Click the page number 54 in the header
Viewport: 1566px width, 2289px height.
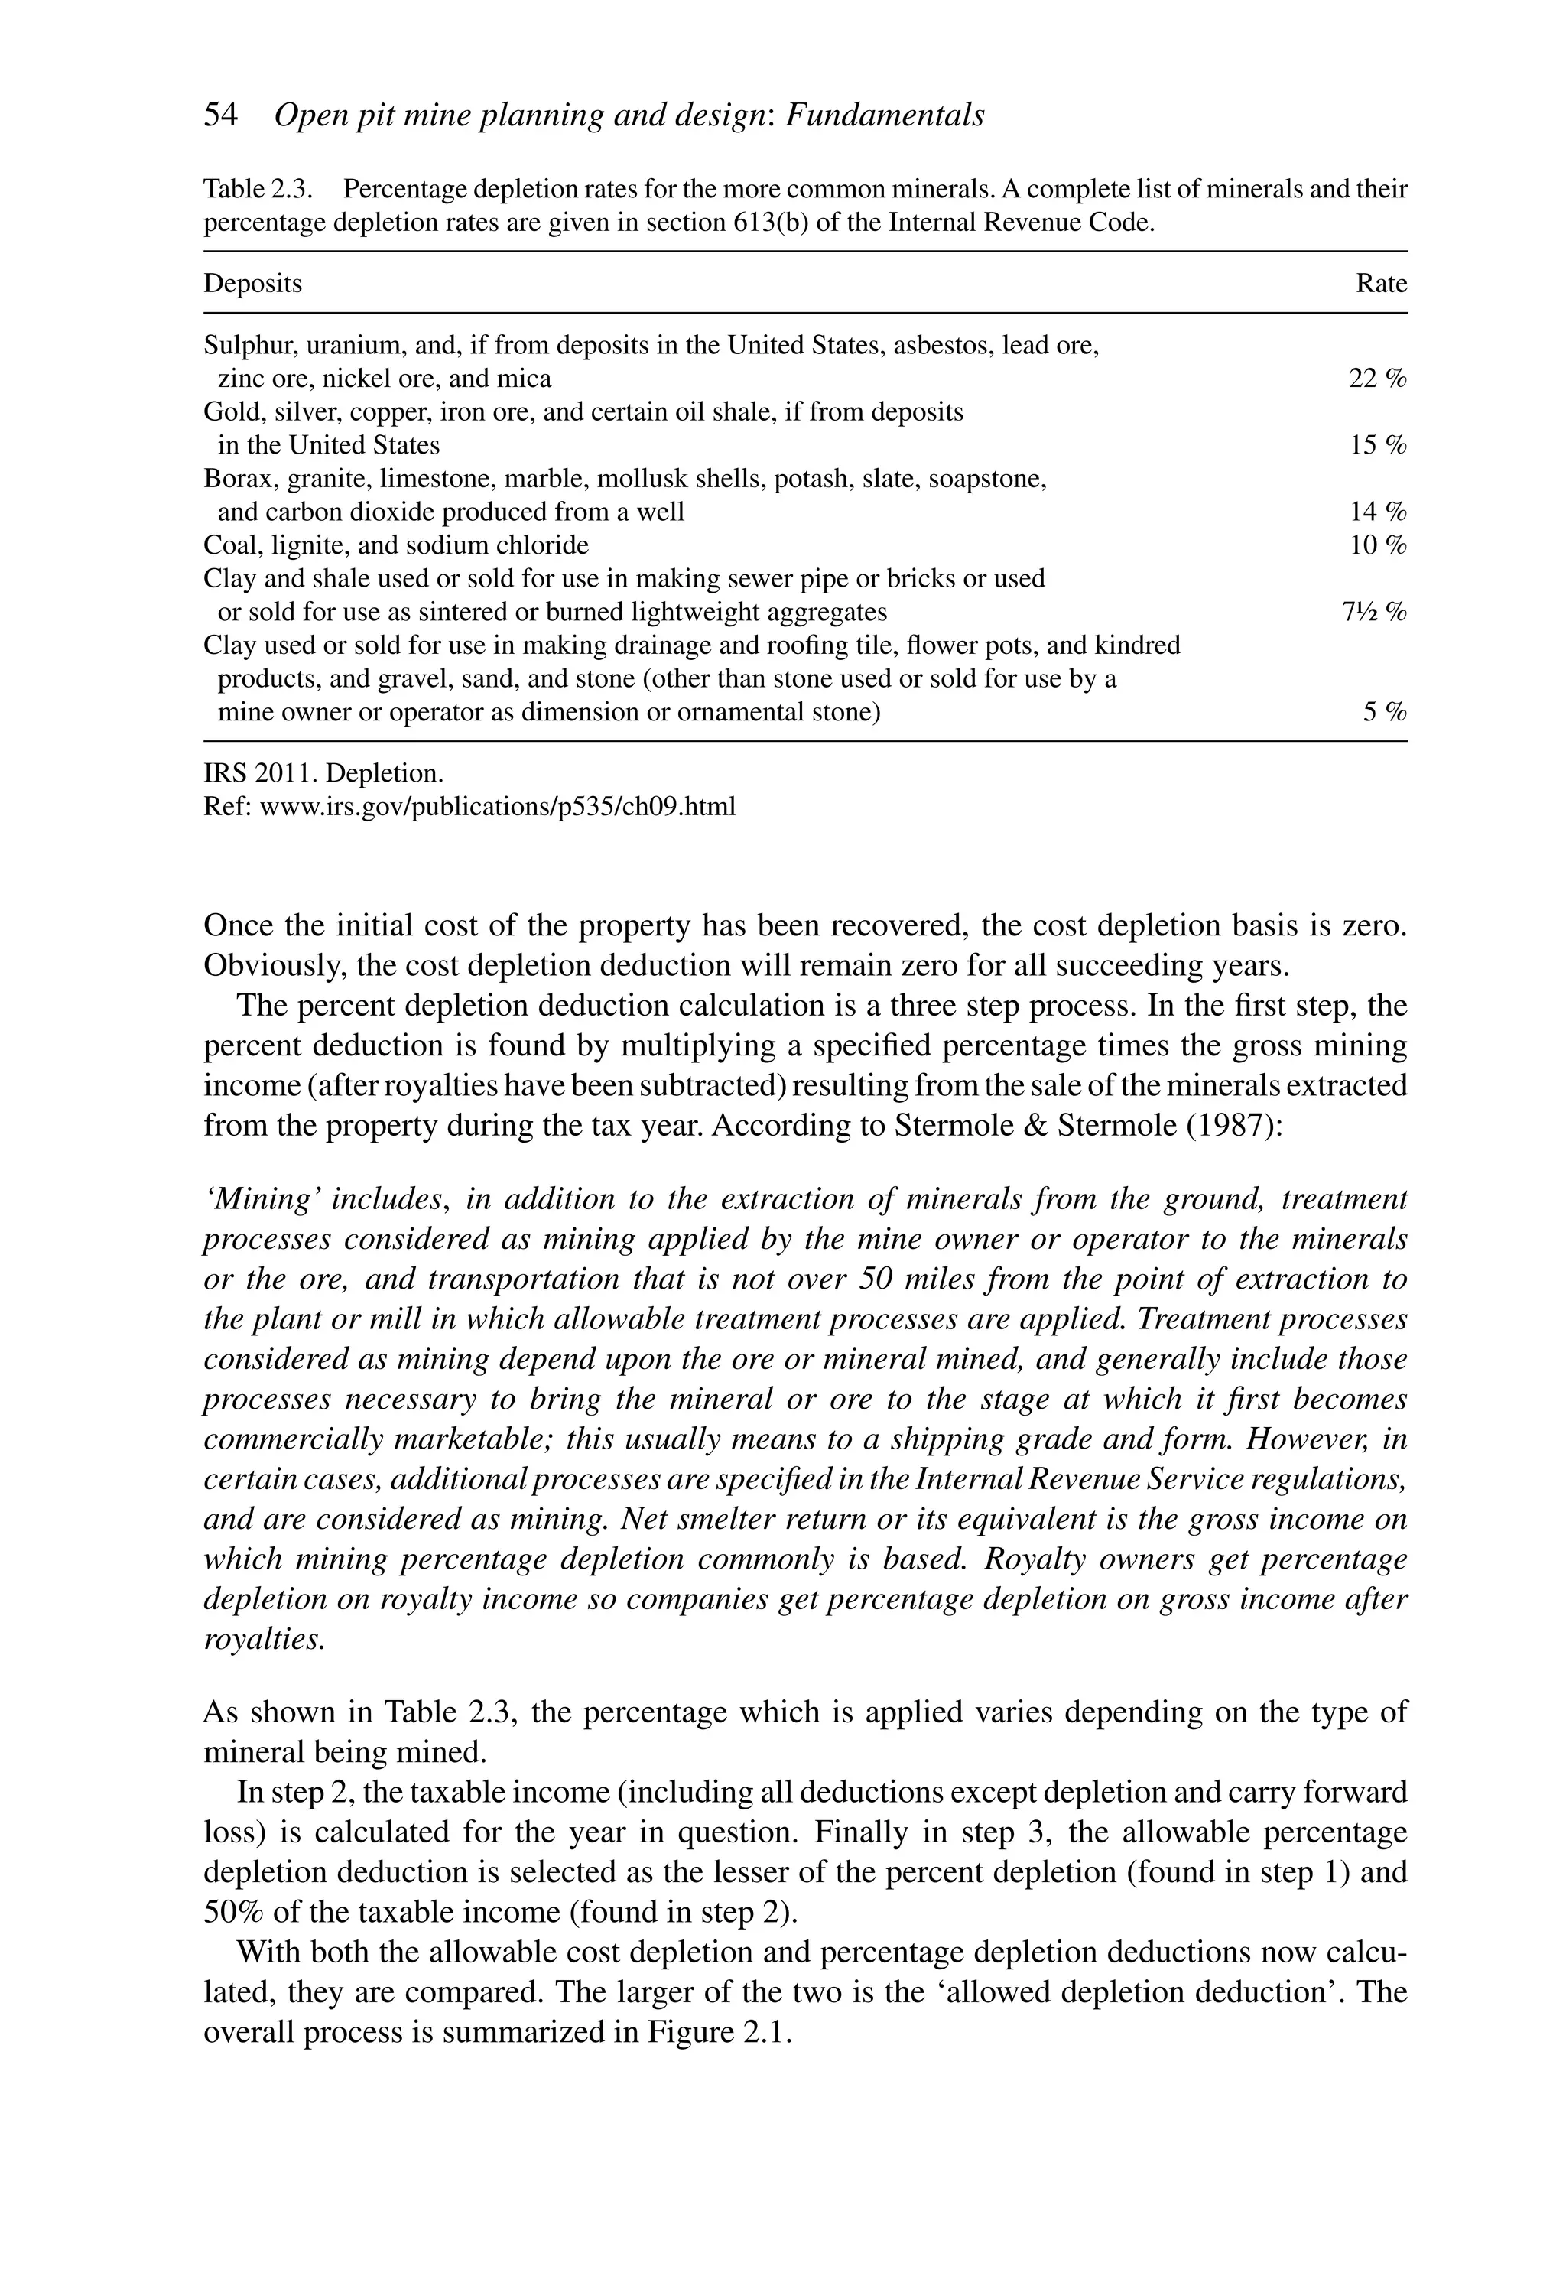[x=221, y=116]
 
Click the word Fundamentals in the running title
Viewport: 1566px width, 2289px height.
[x=885, y=116]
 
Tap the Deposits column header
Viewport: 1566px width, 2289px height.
[x=252, y=284]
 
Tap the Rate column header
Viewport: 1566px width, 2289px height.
[x=1381, y=284]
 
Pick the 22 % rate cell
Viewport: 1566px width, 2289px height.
[x=1377, y=379]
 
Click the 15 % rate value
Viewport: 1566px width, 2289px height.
[x=1377, y=445]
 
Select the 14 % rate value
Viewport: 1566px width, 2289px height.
[x=1377, y=512]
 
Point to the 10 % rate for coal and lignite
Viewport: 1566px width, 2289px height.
[x=1377, y=545]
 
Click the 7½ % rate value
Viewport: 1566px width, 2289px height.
[x=1374, y=613]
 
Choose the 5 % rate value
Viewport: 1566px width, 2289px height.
[x=1384, y=712]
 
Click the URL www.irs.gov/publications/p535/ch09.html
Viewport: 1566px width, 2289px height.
[x=496, y=808]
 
